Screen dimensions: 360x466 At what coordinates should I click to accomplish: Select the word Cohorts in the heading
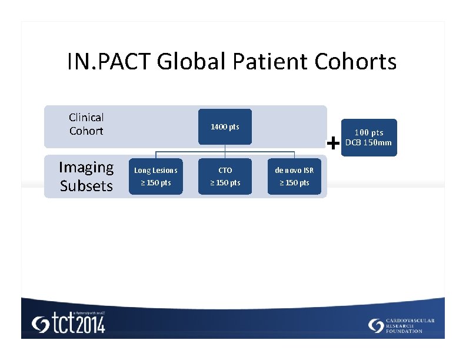[x=356, y=61]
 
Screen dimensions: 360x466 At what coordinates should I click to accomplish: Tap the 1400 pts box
[x=225, y=127]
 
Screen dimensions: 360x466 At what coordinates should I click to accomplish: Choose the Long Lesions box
[x=155, y=176]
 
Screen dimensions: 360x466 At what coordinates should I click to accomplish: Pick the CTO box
[x=225, y=176]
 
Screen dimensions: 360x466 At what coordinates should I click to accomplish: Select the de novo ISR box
[x=294, y=176]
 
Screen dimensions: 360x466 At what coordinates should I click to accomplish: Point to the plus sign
[x=334, y=143]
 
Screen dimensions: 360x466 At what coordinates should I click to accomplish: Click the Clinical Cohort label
[x=86, y=124]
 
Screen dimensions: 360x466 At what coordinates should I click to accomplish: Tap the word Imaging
[x=86, y=168]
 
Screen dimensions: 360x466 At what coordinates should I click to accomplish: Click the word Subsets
[x=86, y=186]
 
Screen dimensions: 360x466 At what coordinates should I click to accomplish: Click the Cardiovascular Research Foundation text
[x=411, y=325]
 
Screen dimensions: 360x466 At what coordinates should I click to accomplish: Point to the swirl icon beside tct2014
[x=41, y=325]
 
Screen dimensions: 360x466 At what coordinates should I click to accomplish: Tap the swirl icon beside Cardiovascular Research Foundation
[x=376, y=325]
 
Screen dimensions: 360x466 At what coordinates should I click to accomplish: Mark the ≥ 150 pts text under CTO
[x=225, y=183]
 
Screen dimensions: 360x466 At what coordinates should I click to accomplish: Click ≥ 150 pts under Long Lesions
[x=155, y=183]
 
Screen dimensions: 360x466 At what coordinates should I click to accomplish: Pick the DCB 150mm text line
[x=368, y=143]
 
